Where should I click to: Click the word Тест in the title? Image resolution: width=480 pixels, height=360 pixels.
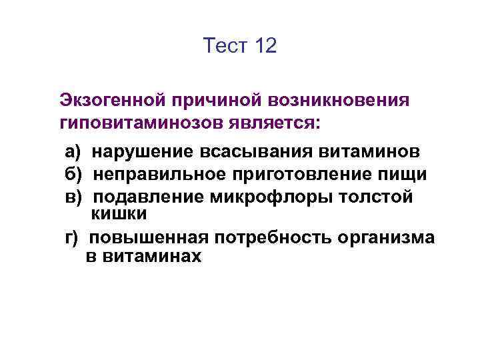click(x=225, y=46)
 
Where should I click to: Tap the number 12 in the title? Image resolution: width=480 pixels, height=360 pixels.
click(x=265, y=46)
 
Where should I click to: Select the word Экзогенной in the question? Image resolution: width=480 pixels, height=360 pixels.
click(x=113, y=100)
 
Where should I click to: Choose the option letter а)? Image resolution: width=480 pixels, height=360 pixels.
click(x=73, y=151)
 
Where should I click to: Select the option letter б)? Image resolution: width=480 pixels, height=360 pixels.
click(x=73, y=175)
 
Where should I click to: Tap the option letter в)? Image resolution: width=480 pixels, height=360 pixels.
click(x=73, y=197)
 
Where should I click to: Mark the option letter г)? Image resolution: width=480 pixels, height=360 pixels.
click(x=71, y=238)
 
